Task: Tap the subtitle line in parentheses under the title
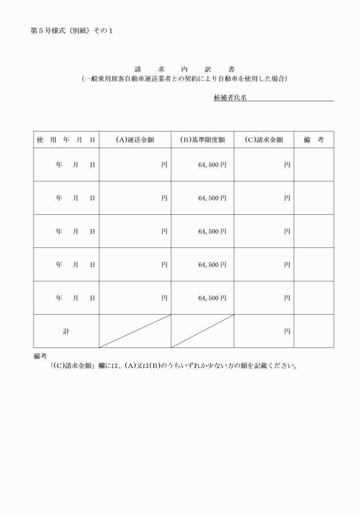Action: pyautogui.click(x=184, y=78)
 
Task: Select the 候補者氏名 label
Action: pyautogui.click(x=230, y=98)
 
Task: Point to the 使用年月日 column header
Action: pyautogui.click(x=66, y=139)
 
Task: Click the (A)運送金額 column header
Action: pyautogui.click(x=135, y=139)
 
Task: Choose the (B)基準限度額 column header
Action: pyautogui.click(x=202, y=139)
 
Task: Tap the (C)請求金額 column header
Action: pyautogui.click(x=263, y=139)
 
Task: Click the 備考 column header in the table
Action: pyautogui.click(x=314, y=139)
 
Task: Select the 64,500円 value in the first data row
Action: pyautogui.click(x=212, y=165)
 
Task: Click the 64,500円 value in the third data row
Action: pyautogui.click(x=212, y=231)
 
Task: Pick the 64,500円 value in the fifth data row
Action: pyautogui.click(x=212, y=298)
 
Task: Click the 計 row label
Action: pyautogui.click(x=66, y=331)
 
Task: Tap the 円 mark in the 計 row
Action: pyautogui.click(x=287, y=331)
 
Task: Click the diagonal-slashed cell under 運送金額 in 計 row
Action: pyautogui.click(x=135, y=331)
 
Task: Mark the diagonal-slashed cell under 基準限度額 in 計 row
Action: pyautogui.click(x=202, y=331)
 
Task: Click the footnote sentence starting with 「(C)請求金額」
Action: pyautogui.click(x=174, y=366)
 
